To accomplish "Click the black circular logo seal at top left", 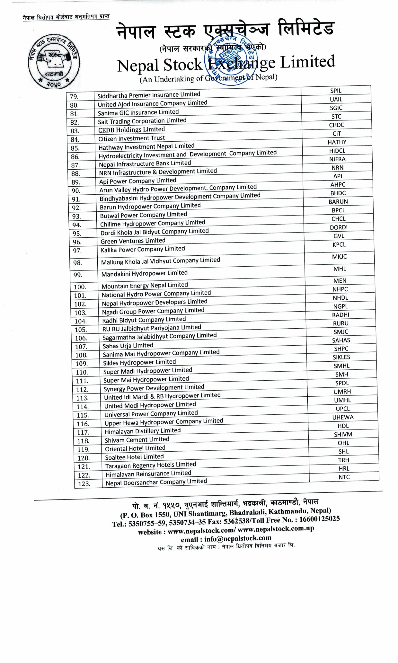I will coord(54,62).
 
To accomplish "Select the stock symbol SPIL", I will coord(336,91).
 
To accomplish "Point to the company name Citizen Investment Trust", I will coord(131,138).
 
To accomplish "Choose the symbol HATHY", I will coord(337,142).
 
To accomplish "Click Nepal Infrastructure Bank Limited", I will coord(145,164).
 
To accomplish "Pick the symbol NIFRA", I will coord(337,159).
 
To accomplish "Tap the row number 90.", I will coord(76,191).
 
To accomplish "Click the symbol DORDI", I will coord(339,227).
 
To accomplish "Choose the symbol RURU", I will coord(341,323).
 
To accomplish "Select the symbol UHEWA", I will coord(343,417).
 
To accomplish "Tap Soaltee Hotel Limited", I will coord(134,457).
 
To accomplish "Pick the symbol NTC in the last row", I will coord(344,477).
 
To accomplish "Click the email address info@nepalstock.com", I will coord(238,538).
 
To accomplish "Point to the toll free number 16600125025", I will coord(319,519).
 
